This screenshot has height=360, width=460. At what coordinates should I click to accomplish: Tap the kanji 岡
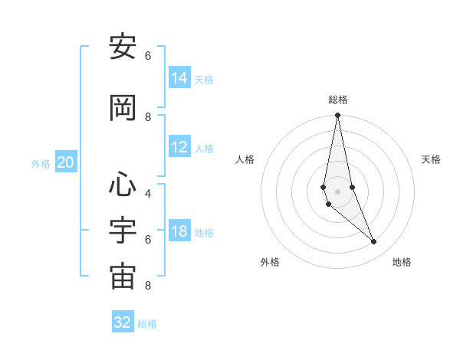pos(123,109)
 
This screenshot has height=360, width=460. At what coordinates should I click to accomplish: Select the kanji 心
pos(123,184)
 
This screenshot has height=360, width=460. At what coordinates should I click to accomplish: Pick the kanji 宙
pos(123,277)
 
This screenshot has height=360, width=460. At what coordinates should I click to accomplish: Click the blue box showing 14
pos(179,78)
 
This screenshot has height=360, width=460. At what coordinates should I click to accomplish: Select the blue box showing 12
pos(179,147)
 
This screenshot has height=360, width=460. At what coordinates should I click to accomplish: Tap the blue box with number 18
pos(179,231)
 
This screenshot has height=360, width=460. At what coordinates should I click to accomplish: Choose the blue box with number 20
pos(66,162)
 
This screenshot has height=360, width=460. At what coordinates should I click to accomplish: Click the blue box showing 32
pos(123,322)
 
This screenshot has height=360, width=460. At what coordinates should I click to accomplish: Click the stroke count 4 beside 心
pos(148,193)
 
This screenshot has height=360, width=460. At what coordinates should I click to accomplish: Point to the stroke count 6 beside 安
pos(148,55)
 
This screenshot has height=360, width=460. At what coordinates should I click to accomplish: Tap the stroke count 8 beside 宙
pos(148,286)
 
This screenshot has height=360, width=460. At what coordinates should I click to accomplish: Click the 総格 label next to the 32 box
pos(147,324)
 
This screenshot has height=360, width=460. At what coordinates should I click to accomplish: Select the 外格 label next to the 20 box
pos(41,163)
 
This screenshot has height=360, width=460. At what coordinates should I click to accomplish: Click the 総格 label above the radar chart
pos(337,100)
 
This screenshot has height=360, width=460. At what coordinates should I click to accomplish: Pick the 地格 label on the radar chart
pos(402,262)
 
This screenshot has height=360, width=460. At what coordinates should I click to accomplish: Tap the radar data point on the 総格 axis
pos(337,116)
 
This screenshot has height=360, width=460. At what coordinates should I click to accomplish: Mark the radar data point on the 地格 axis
pos(374,242)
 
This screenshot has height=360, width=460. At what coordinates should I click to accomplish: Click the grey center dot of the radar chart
pos(337,191)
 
